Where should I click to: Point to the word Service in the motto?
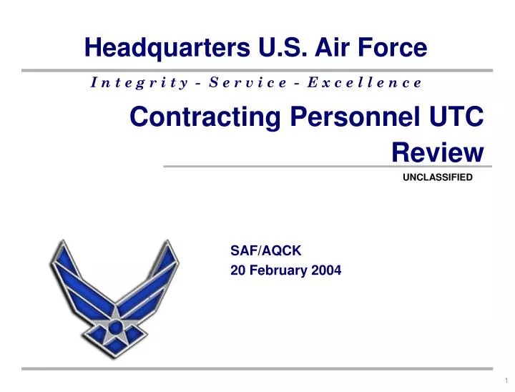coord(250,82)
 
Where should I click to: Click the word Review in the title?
coord(438,151)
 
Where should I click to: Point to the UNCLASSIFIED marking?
coord(438,177)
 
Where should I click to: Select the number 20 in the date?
coord(237,270)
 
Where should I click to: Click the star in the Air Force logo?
coord(114,330)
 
